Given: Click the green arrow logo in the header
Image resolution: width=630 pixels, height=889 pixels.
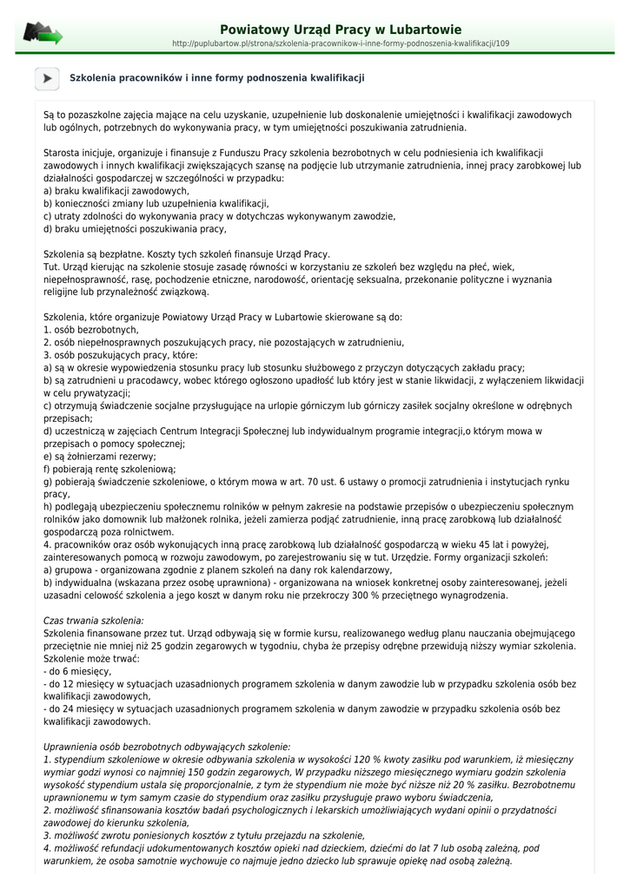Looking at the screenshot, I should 43,34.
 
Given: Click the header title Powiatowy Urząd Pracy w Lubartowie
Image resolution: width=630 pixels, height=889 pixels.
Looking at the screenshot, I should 341,30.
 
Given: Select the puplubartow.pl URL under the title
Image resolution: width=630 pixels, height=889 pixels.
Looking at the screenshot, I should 341,43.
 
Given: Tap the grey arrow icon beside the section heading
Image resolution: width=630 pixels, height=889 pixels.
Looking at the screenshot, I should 47,78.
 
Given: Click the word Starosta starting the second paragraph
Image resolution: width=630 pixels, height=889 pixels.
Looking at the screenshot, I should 61,152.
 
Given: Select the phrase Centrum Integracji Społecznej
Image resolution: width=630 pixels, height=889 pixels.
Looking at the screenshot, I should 207,431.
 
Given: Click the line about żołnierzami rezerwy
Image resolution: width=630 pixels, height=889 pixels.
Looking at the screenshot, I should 100,456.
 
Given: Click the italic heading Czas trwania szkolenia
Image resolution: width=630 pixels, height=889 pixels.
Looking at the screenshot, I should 94,621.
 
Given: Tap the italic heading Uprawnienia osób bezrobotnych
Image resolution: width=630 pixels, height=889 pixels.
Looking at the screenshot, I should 167,747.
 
